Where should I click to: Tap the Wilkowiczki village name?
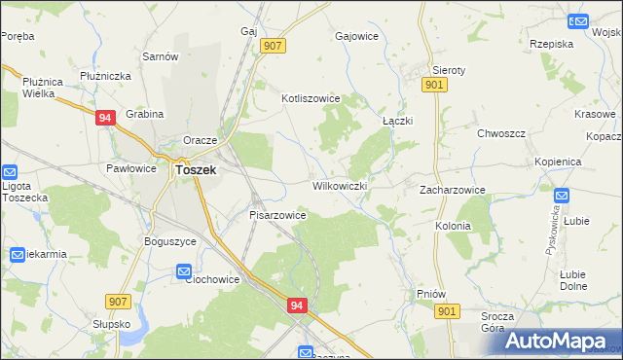[x=340, y=185]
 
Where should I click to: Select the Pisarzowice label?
[x=278, y=215]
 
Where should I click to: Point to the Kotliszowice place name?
[x=310, y=98]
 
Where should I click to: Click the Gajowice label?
[x=356, y=36]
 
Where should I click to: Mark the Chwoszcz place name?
[x=501, y=133]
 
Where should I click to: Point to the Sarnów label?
[x=161, y=56]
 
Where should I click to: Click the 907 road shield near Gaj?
[x=273, y=46]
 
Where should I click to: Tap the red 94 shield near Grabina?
[x=107, y=118]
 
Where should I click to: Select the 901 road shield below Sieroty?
[x=435, y=87]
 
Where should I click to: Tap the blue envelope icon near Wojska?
[x=580, y=20]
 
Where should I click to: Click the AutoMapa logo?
[x=564, y=341]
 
